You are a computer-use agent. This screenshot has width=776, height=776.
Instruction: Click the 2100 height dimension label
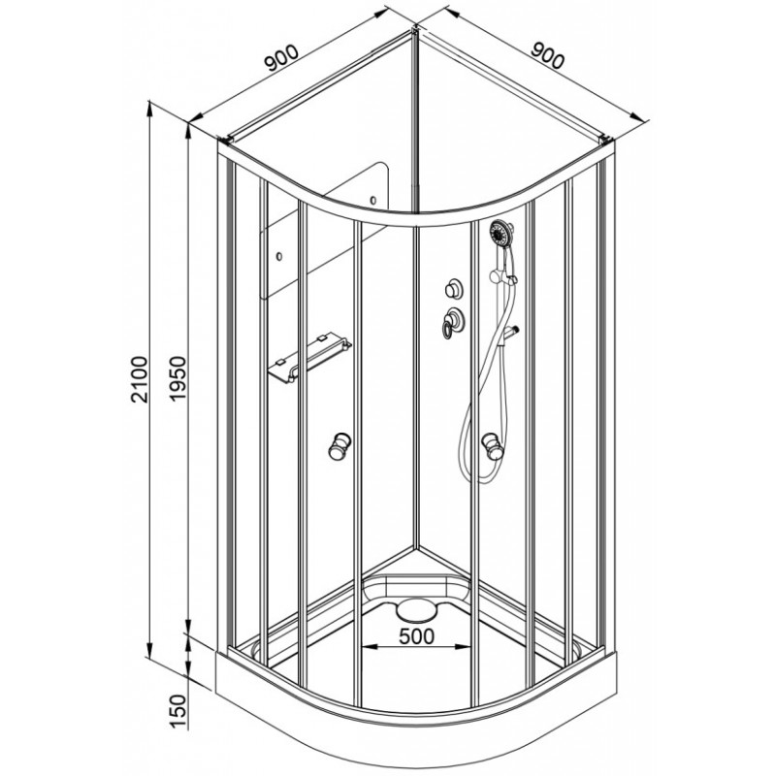[139, 379]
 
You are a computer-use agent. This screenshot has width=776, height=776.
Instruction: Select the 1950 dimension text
[178, 379]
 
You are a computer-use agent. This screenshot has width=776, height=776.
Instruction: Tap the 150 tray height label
[178, 712]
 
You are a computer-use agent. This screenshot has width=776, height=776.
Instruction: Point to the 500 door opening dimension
[417, 636]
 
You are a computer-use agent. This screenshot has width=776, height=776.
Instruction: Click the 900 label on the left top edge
[281, 57]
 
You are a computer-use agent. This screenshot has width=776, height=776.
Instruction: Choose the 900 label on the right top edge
[547, 55]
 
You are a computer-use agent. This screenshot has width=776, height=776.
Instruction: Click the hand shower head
[501, 233]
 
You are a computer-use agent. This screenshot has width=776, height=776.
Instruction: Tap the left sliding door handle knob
[340, 445]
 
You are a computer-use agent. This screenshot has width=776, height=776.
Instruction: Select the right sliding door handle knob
[491, 445]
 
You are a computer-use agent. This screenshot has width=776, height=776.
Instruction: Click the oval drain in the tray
[417, 610]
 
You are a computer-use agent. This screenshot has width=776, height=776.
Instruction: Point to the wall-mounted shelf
[309, 358]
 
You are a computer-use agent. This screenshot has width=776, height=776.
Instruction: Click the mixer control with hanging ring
[452, 322]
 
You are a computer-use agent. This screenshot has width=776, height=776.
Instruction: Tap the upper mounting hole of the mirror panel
[372, 201]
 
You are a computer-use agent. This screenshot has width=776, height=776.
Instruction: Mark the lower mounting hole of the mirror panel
[279, 256]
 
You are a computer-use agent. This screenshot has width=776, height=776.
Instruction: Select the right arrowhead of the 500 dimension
[464, 647]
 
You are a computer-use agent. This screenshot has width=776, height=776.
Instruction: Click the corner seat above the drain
[417, 588]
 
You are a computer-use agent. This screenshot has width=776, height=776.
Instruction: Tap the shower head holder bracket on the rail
[502, 276]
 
